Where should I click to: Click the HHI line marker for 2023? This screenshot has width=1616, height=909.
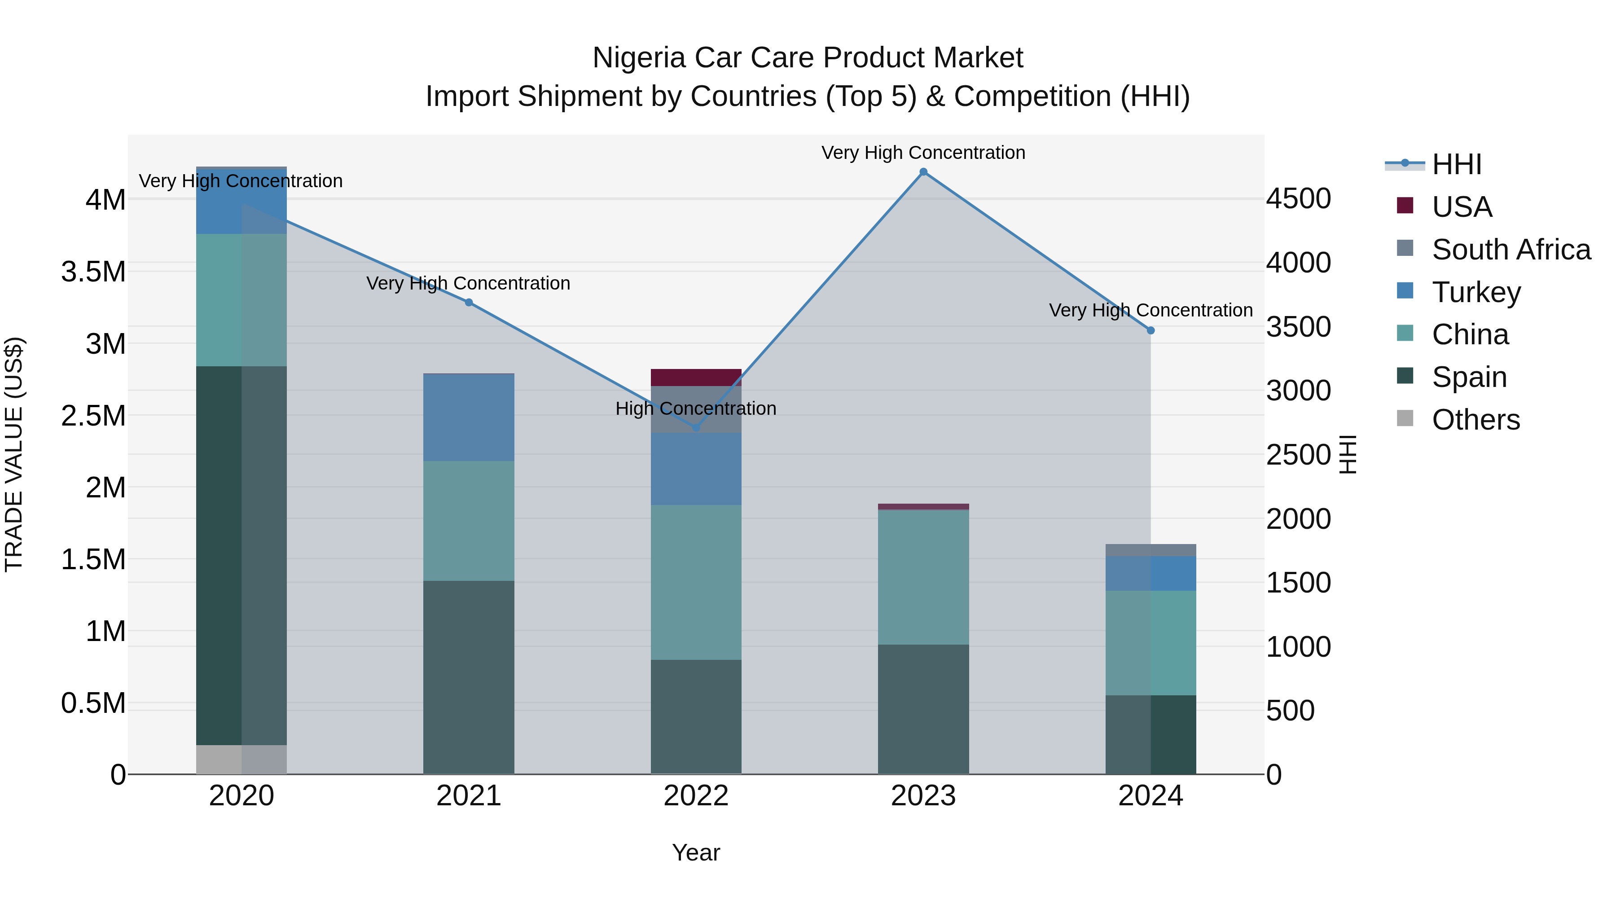click(923, 172)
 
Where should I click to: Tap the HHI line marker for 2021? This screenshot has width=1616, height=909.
click(469, 303)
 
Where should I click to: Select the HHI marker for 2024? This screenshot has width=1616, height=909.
click(1151, 330)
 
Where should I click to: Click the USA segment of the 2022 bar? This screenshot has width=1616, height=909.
click(696, 377)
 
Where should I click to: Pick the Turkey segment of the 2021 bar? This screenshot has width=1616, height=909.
click(469, 418)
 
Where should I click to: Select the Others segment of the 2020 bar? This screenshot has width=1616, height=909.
click(242, 759)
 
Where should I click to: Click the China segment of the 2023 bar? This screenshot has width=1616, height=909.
click(923, 577)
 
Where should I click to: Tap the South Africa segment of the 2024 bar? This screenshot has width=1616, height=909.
click(1151, 550)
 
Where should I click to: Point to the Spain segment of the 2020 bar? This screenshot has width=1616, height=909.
click(242, 555)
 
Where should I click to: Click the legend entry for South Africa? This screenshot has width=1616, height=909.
click(1511, 250)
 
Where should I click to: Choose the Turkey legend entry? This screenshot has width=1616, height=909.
click(1475, 292)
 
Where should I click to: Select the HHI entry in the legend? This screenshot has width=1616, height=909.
click(1456, 164)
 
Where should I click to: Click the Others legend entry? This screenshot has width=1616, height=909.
click(1475, 420)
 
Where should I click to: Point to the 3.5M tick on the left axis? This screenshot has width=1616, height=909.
click(93, 272)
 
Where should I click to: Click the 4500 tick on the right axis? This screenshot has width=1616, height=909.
click(1298, 199)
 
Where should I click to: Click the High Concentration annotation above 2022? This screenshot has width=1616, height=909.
click(696, 408)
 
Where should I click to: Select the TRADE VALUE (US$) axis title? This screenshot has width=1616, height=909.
click(14, 454)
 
